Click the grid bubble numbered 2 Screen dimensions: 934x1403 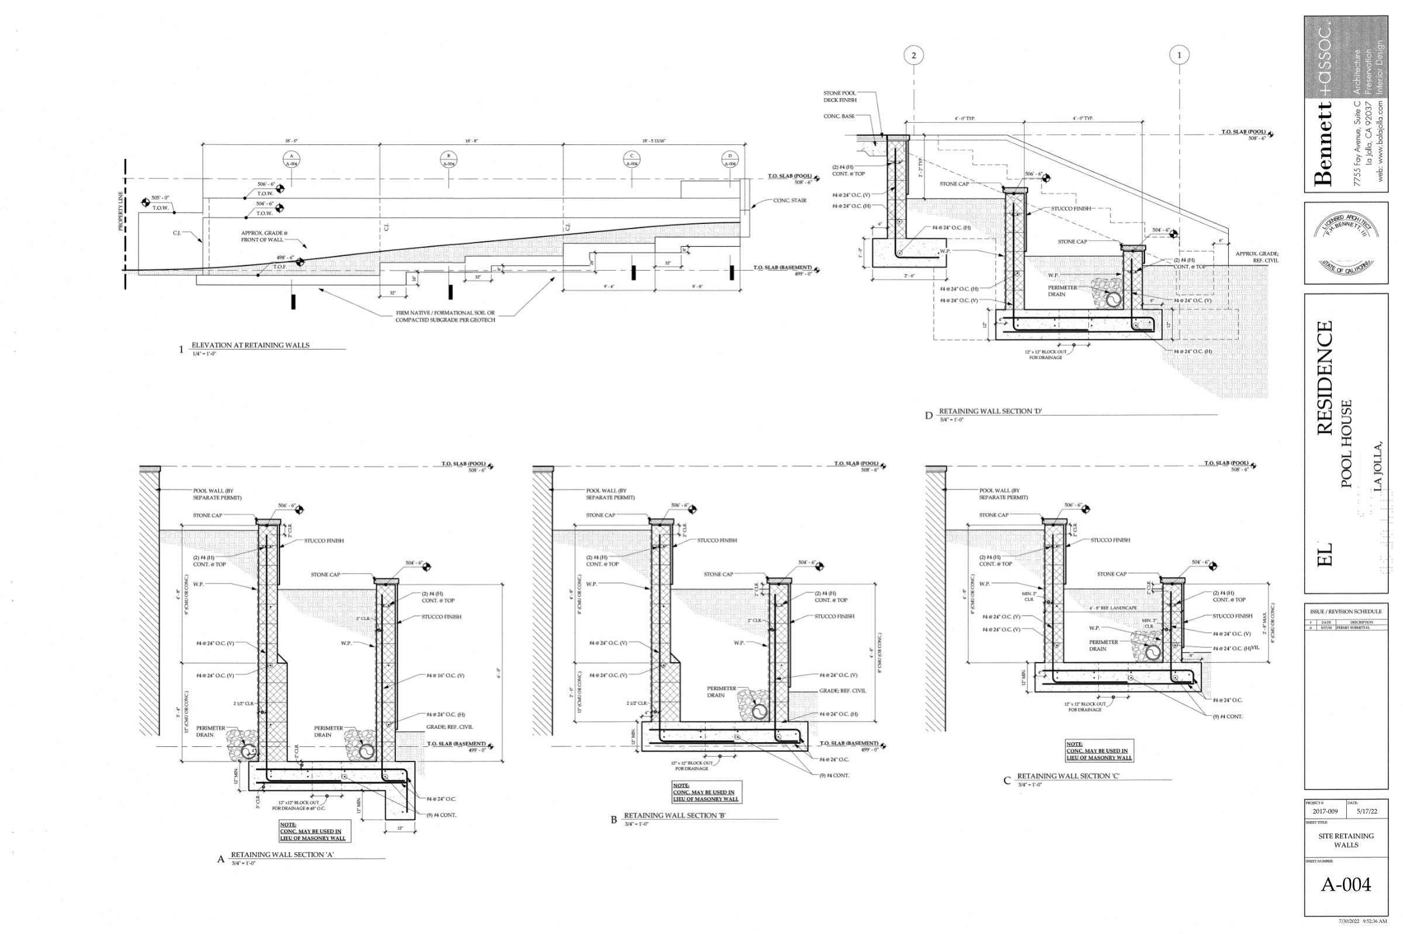913,56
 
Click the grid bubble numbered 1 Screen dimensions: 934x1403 1179,56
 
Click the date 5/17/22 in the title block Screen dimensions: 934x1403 1367,811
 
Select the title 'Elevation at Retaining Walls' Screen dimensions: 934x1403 250,346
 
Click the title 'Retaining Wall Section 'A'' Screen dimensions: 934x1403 283,854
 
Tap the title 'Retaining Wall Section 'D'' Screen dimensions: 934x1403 990,411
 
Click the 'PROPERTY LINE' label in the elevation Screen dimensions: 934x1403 120,211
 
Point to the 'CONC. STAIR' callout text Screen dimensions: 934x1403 790,201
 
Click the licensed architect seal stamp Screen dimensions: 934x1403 1346,243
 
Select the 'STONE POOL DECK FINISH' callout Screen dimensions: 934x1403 840,96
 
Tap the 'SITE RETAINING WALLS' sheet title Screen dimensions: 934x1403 1346,840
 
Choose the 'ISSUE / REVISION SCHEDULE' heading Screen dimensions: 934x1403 1346,611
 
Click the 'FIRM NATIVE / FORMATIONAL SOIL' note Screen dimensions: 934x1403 446,316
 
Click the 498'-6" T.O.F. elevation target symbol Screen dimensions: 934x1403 300,262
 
